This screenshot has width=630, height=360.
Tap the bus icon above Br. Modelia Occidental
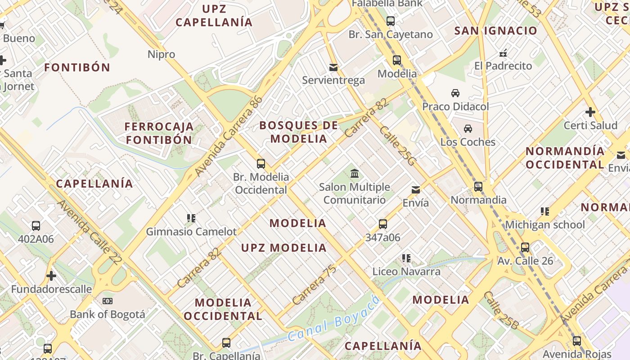[261, 164]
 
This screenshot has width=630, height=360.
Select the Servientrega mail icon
[333, 67]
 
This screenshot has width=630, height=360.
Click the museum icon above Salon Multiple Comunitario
[355, 173]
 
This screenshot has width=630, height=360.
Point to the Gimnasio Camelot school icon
[191, 218]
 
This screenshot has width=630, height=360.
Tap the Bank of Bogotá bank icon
[107, 301]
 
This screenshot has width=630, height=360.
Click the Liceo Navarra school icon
[406, 258]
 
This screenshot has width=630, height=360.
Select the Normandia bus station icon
[478, 186]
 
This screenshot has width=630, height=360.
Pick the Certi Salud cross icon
[590, 112]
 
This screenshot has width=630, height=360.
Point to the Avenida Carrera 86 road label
[229, 136]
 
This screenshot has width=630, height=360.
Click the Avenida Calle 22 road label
[90, 232]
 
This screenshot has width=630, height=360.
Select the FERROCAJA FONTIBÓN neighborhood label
[159, 133]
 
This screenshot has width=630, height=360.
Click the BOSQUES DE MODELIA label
[299, 132]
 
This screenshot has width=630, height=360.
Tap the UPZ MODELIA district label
[283, 248]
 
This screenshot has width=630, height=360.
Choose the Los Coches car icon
[468, 129]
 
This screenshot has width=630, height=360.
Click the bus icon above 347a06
[383, 224]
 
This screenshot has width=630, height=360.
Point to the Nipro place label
[161, 54]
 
